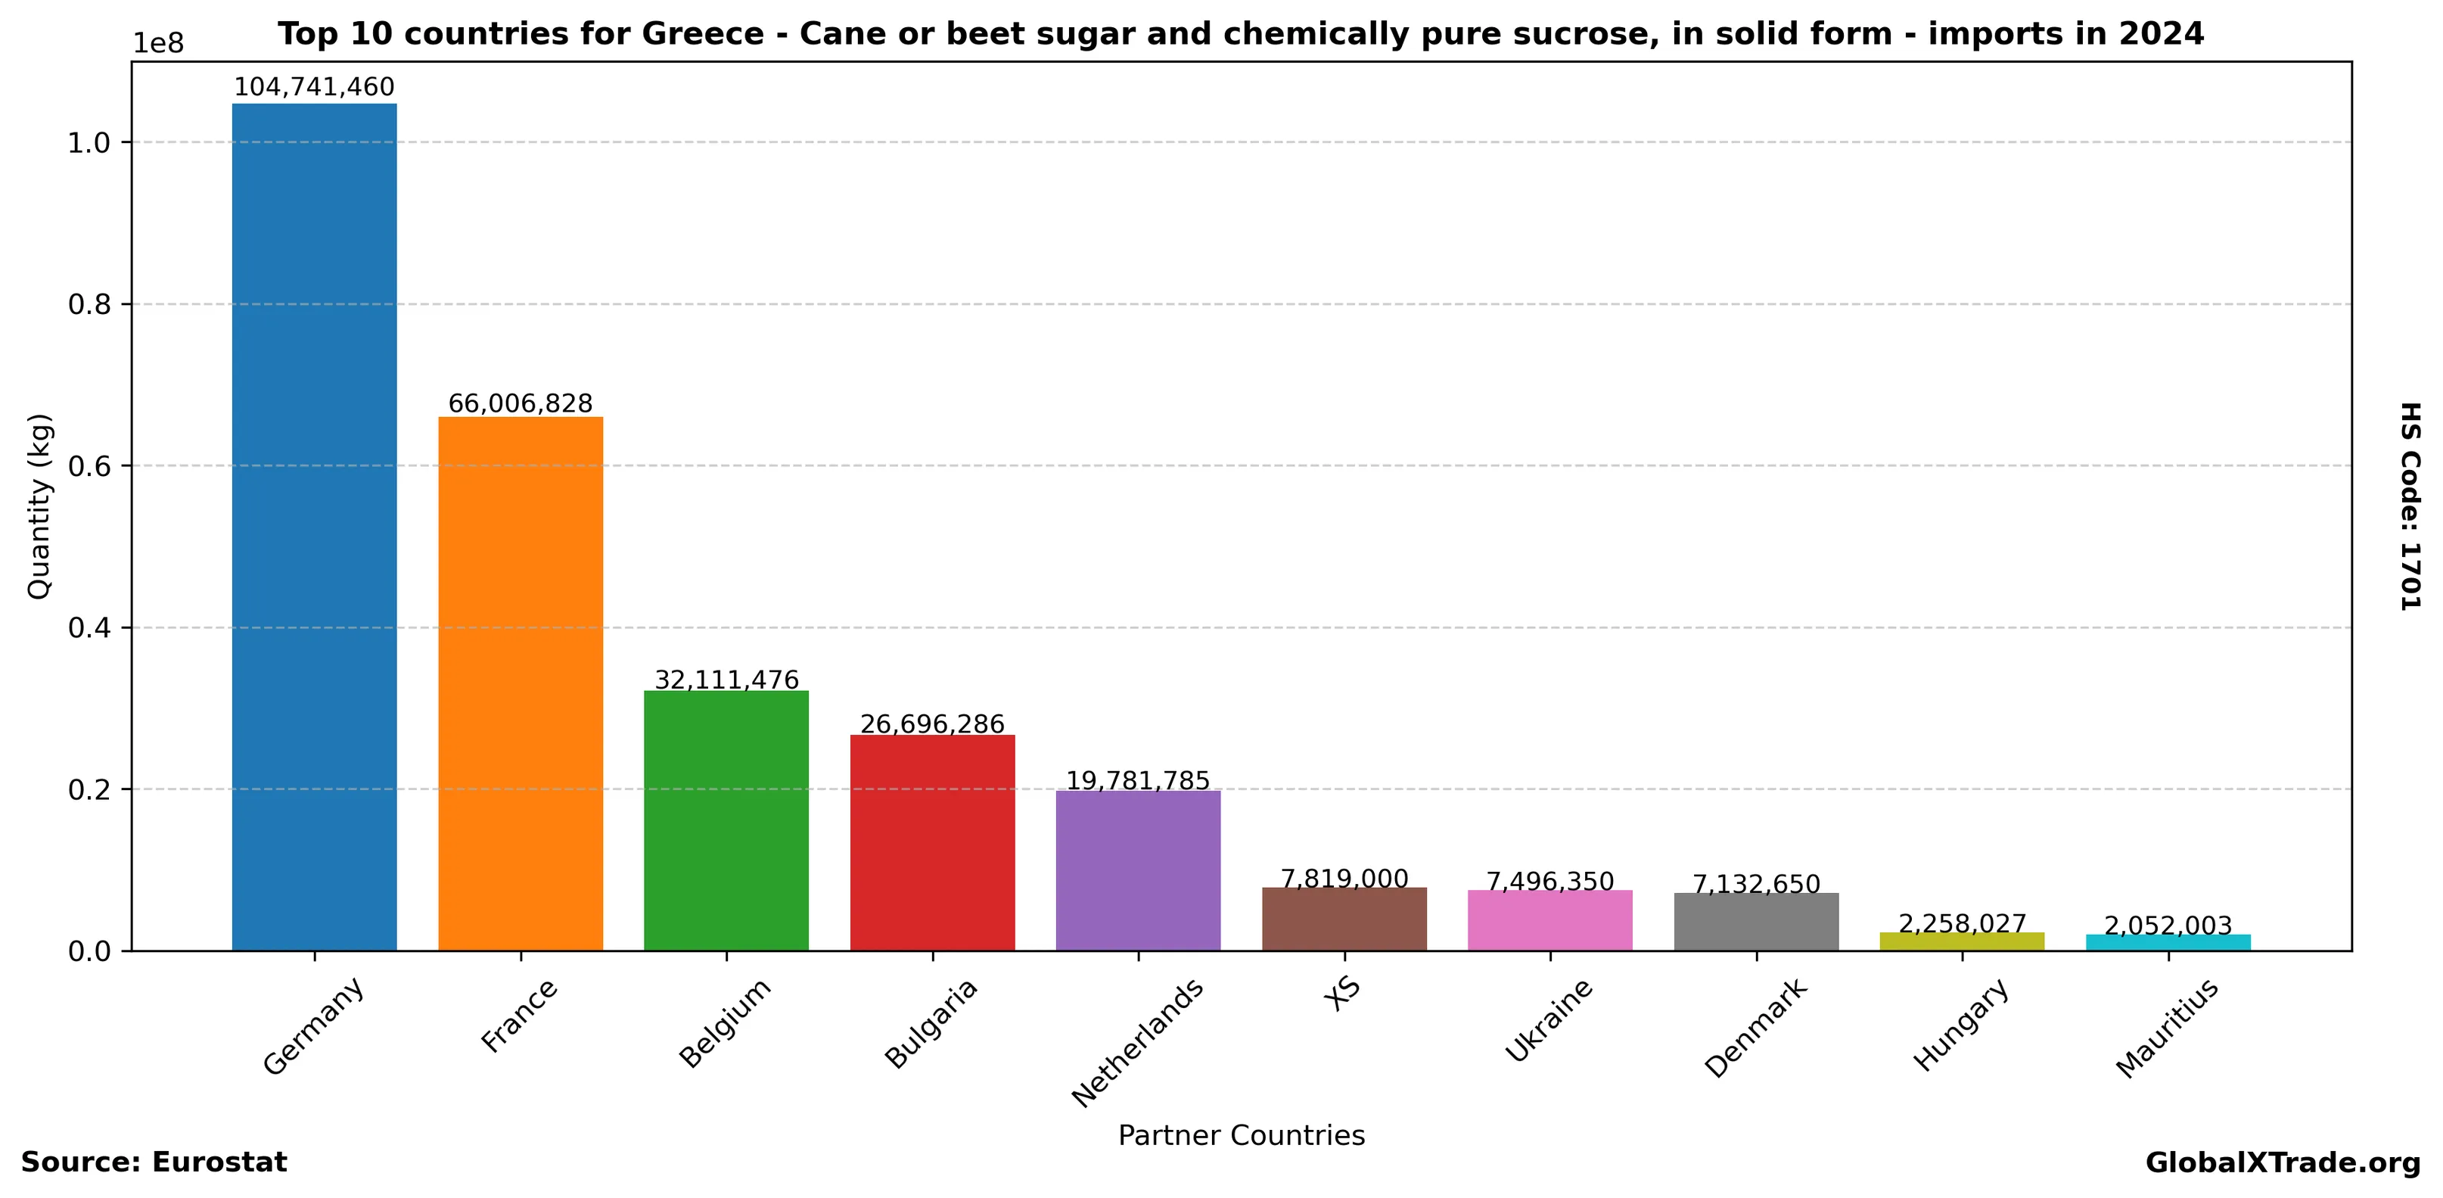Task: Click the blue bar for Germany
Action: (x=314, y=527)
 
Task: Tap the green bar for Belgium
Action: (x=726, y=820)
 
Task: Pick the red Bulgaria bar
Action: (x=932, y=842)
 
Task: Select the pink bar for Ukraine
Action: (x=1549, y=920)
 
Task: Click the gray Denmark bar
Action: (x=1755, y=921)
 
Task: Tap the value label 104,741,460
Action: (x=314, y=87)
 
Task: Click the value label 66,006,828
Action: (x=520, y=403)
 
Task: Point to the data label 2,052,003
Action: (x=2168, y=925)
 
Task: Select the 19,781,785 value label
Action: (x=1138, y=781)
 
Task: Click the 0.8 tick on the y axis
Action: (x=90, y=304)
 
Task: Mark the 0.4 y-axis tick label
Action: (x=90, y=628)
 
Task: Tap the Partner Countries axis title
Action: (x=1241, y=1135)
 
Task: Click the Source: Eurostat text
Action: (x=154, y=1162)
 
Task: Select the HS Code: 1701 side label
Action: (x=2410, y=506)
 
